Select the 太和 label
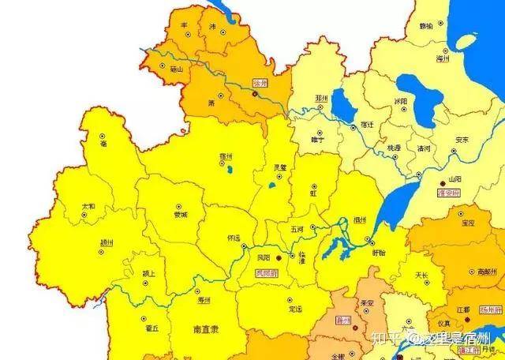pos(88,206)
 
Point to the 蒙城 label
pos(181,214)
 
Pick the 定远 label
pos(295,309)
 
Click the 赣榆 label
pos(427,25)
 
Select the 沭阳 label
pos(401,101)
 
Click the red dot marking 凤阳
pos(278,257)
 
